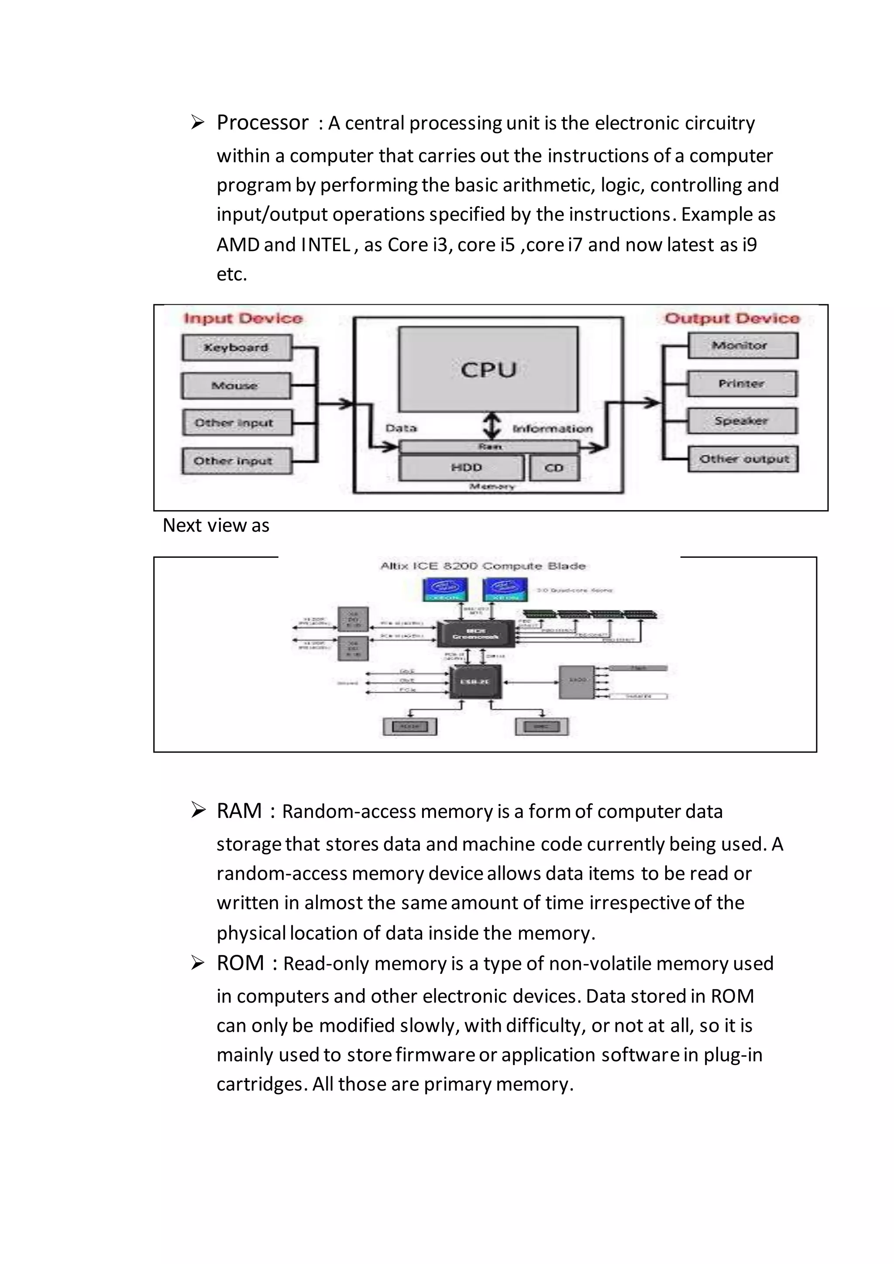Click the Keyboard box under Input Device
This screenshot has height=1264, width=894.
[x=236, y=347]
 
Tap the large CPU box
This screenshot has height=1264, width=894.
[x=488, y=369]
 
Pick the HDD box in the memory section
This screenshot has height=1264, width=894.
[x=461, y=467]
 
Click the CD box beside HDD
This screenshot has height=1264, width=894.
[x=554, y=467]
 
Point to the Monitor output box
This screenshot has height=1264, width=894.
[x=742, y=346]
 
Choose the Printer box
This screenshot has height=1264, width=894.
[x=742, y=383]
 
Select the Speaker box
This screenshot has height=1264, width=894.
[x=742, y=421]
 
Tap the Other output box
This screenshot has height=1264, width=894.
[x=743, y=459]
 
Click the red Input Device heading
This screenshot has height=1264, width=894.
[x=243, y=318]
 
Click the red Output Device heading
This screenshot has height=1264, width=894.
[x=732, y=318]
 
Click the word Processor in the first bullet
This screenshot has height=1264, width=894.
[x=263, y=122]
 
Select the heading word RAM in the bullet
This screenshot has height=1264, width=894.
[x=239, y=811]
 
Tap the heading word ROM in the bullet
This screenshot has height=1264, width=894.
[x=240, y=963]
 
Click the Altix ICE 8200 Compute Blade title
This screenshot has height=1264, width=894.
[x=483, y=566]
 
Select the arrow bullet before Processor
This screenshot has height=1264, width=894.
[x=198, y=122]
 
